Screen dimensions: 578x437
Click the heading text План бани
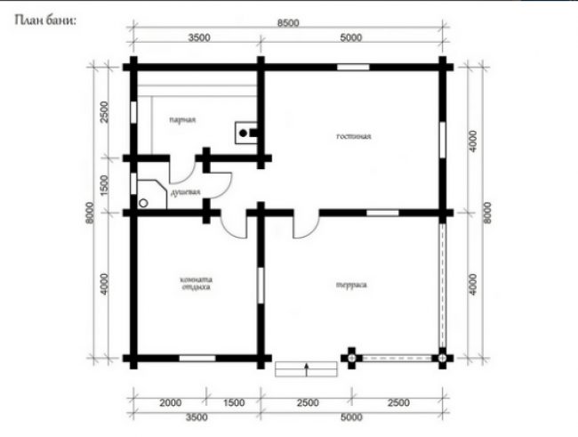click(45, 20)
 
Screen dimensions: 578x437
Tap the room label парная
click(182, 120)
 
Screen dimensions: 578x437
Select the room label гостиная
click(354, 136)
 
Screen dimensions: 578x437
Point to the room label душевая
click(186, 192)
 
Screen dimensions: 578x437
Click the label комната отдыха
click(197, 283)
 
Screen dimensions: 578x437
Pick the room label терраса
click(351, 285)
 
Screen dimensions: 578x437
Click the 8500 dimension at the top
click(288, 23)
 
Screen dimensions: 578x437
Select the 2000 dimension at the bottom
click(171, 402)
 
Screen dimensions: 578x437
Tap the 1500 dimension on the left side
click(104, 186)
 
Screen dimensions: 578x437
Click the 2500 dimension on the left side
click(104, 112)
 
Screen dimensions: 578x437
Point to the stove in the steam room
click(246, 133)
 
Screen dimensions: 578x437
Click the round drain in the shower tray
click(143, 203)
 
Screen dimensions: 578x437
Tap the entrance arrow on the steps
click(306, 369)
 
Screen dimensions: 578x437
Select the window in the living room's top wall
click(353, 67)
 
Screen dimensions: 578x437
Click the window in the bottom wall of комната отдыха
click(197, 358)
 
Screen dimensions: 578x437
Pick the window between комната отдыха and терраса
click(261, 286)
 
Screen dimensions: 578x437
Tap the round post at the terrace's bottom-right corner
click(442, 358)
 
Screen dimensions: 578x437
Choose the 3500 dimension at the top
click(199, 37)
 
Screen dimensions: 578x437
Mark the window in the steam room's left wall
click(133, 112)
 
